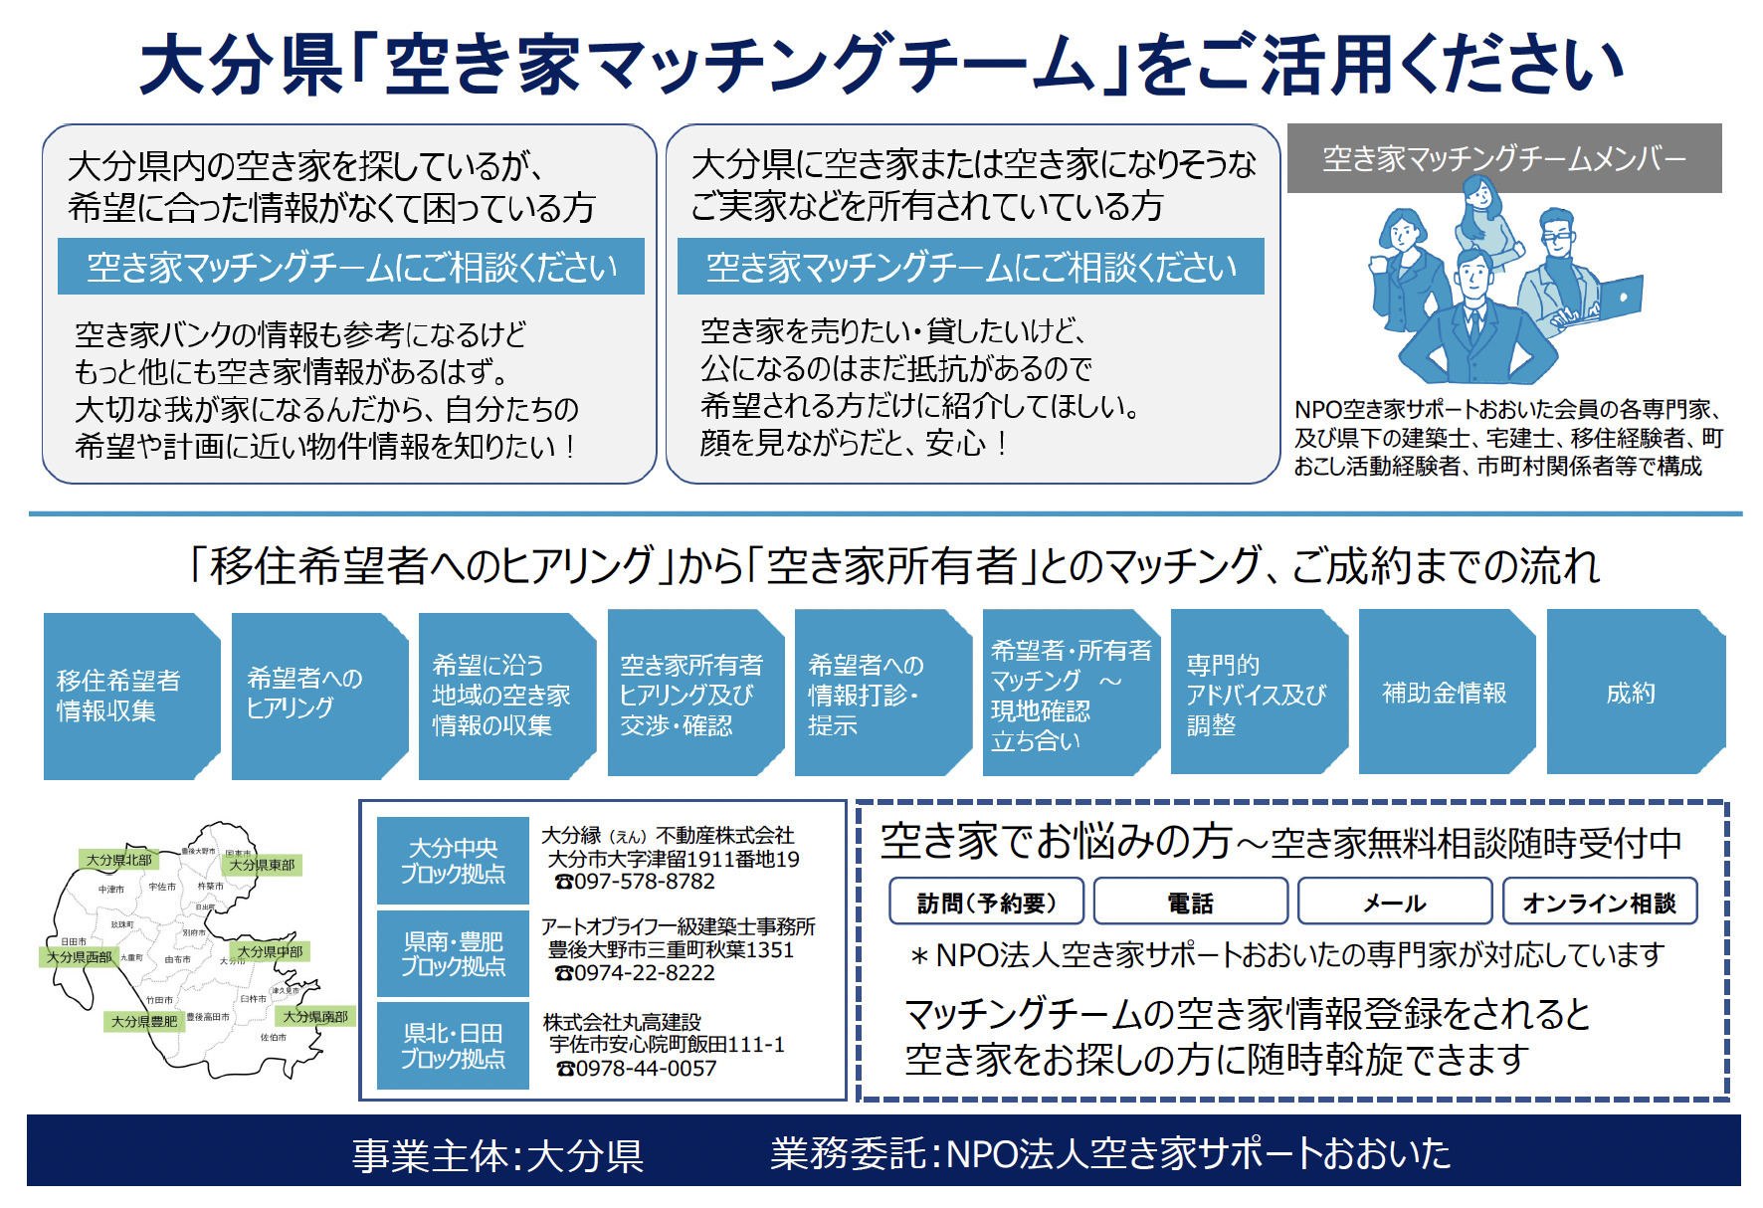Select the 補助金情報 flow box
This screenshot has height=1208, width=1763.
click(1445, 693)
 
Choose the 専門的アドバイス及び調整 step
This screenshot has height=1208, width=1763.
click(1257, 694)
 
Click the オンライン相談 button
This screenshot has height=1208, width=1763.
click(1599, 902)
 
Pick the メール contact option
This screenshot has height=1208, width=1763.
click(1394, 902)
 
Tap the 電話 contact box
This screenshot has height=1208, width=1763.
click(1190, 902)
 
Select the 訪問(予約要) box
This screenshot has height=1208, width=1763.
click(986, 902)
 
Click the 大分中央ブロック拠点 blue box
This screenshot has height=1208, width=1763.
click(453, 861)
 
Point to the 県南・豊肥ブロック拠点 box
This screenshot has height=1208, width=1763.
click(453, 953)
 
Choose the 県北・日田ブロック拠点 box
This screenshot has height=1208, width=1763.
click(453, 1046)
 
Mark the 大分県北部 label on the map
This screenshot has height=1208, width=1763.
click(118, 860)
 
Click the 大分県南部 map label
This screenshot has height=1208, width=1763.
click(315, 1016)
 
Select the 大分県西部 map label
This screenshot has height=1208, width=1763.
click(80, 956)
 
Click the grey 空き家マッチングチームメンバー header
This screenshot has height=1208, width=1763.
click(1503, 158)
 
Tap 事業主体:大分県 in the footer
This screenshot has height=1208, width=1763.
click(497, 1155)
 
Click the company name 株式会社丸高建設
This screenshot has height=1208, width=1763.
click(622, 1022)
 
